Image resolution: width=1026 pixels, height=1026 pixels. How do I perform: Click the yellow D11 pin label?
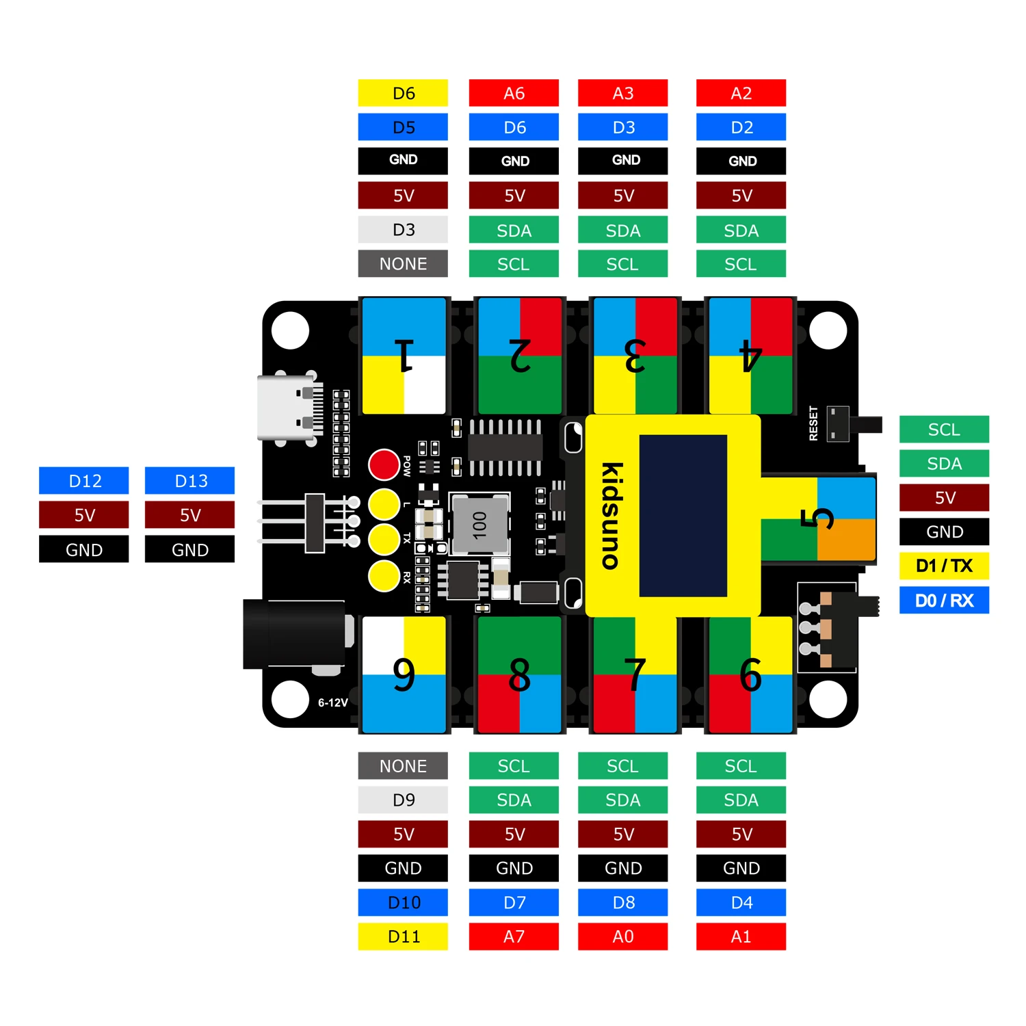coord(403,936)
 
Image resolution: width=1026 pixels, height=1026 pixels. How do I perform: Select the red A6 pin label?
coord(514,93)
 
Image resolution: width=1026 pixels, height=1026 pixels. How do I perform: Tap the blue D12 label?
coord(84,481)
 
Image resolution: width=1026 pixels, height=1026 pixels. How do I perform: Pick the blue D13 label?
coord(189,481)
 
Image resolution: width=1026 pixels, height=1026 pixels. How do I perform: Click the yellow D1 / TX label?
coord(944,566)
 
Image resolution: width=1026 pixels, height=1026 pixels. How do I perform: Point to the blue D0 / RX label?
coord(944,601)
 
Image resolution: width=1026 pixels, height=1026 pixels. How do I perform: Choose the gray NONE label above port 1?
coord(403,264)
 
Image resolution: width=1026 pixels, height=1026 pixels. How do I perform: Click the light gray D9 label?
coord(403,800)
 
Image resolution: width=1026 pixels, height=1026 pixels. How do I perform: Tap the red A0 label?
coord(622,936)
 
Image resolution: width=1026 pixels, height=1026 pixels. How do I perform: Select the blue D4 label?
coord(741,903)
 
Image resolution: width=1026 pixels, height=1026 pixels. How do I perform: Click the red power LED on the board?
coord(384,465)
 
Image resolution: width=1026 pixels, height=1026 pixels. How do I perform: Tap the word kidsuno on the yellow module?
coord(611,516)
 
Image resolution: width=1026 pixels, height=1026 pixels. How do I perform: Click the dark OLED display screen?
coord(683,516)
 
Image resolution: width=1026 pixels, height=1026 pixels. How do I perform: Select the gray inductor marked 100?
coord(479,524)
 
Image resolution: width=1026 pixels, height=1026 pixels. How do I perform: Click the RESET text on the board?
coord(813,423)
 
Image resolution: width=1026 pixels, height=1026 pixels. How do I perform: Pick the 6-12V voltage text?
coord(332,702)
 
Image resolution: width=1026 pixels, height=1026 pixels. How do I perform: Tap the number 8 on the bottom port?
coord(520,675)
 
